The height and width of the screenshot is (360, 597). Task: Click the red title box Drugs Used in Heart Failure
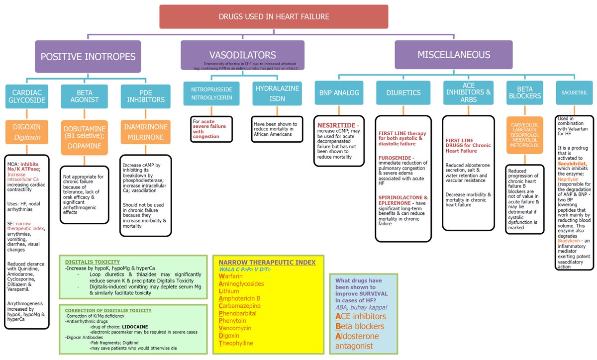tap(274, 16)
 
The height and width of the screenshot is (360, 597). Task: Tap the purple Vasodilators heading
tap(242, 55)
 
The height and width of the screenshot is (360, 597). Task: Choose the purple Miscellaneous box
tap(453, 55)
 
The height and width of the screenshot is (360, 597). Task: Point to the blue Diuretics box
tap(403, 92)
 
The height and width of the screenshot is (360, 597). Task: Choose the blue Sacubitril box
tap(574, 92)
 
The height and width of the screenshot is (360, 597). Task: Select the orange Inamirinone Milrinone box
tap(145, 131)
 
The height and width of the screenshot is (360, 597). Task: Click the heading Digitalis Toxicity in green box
tap(93, 262)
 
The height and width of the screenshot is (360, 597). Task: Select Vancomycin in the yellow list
tap(235, 328)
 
